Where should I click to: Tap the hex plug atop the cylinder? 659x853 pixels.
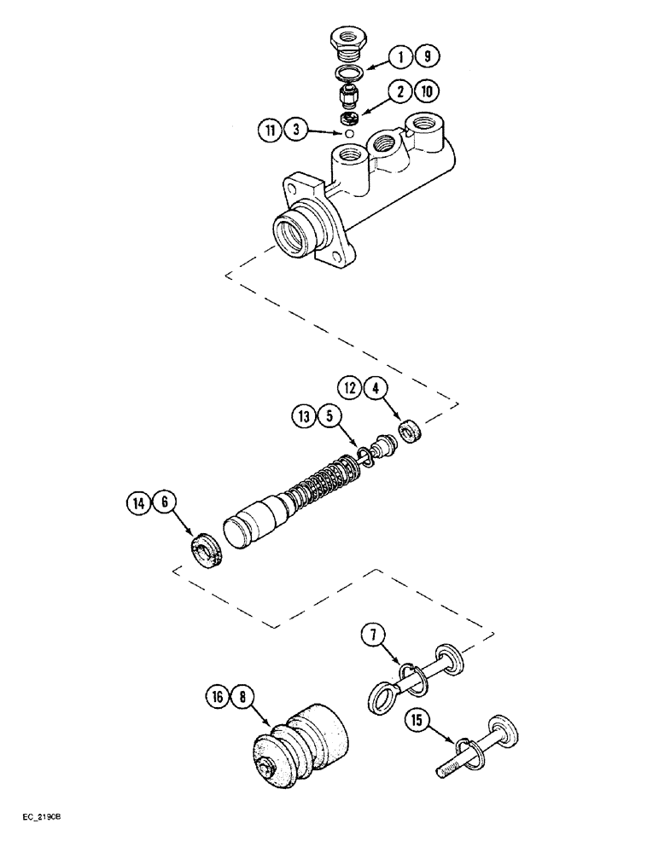point(347,42)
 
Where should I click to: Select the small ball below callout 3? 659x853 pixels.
point(348,133)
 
